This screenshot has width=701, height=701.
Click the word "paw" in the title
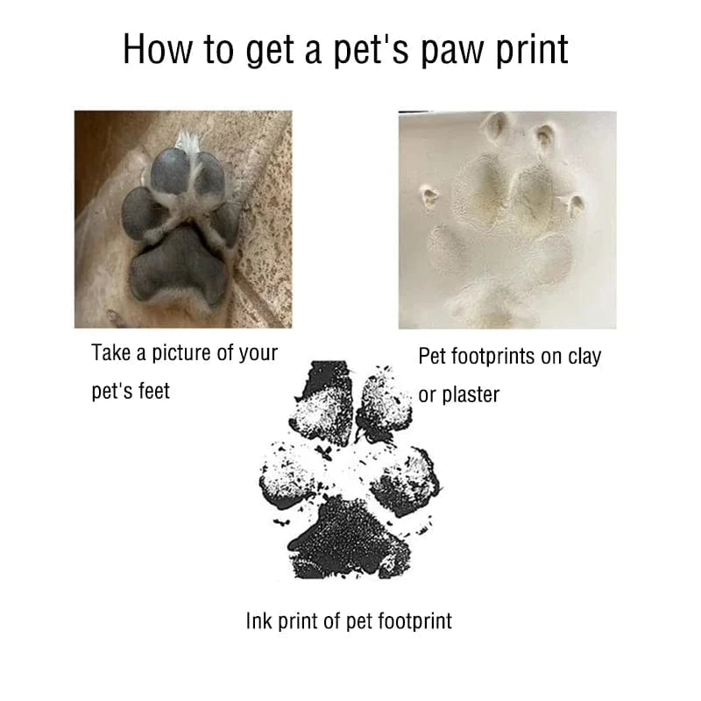click(453, 52)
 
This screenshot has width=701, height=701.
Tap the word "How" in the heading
click(158, 49)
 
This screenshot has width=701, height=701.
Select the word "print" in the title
click(532, 50)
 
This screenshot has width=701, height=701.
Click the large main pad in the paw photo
click(180, 267)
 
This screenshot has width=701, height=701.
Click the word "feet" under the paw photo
click(154, 391)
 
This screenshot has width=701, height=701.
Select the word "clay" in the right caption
click(584, 358)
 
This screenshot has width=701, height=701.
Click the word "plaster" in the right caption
click(471, 396)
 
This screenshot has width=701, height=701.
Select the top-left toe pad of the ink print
click(320, 402)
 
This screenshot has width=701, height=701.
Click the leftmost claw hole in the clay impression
click(430, 195)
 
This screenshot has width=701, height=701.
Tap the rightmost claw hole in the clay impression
click(577, 204)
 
